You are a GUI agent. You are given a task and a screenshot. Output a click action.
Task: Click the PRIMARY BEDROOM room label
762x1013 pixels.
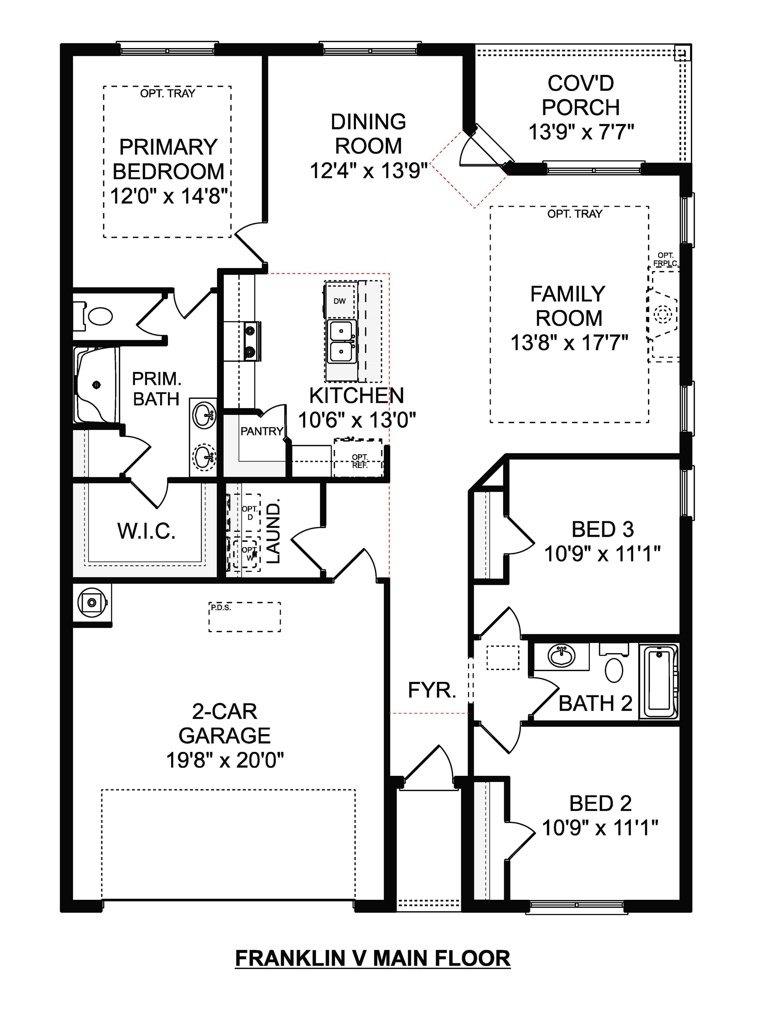168,159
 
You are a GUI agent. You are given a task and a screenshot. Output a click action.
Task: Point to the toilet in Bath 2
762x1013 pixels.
614,669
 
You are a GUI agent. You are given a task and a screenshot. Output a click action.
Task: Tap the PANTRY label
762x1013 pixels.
262,431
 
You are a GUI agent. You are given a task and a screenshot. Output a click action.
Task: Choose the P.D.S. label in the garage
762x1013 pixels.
221,608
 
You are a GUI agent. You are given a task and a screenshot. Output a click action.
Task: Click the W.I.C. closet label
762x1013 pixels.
146,531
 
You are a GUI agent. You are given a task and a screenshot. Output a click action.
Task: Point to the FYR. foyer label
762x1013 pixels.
432,690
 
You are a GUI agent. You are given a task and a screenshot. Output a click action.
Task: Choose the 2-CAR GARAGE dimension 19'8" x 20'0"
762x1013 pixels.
225,761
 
